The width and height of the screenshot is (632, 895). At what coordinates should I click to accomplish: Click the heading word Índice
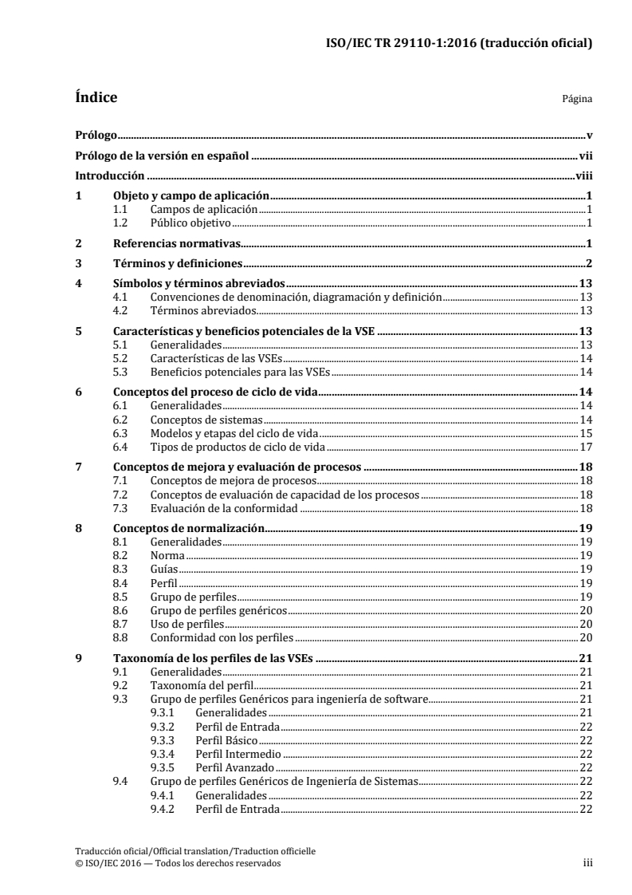pos(96,99)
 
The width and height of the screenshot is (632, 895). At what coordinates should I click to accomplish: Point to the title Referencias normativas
pos(175,243)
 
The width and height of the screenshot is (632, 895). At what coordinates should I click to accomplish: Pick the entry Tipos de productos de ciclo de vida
pos(238,446)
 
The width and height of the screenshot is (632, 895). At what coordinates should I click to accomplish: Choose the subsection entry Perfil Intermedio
pos(238,754)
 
